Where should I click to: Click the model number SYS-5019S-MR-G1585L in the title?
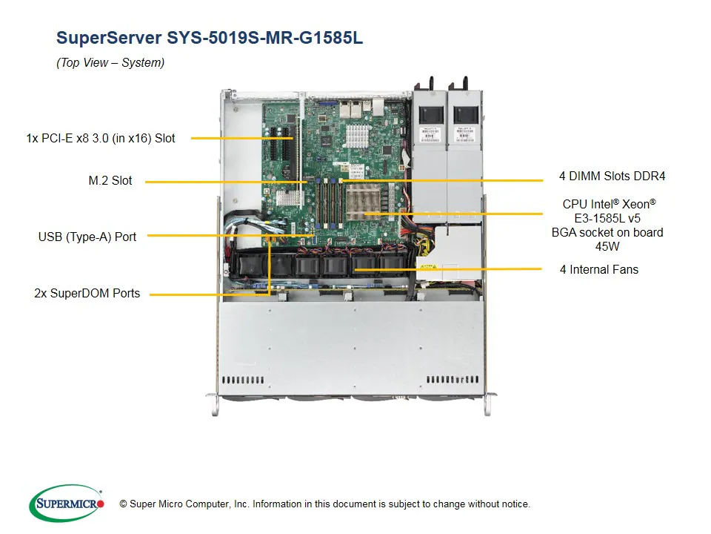(x=265, y=37)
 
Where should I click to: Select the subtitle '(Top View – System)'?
(x=110, y=63)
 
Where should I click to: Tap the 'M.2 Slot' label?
(x=110, y=180)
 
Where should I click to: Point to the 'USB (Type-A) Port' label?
(x=87, y=237)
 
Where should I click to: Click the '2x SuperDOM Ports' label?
(x=87, y=293)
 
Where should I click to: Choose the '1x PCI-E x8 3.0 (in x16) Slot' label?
(x=101, y=138)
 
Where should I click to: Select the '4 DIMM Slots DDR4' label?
(x=612, y=177)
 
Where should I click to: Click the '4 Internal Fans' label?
(x=598, y=269)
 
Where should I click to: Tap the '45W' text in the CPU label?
(x=607, y=246)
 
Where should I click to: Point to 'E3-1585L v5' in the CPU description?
(x=607, y=218)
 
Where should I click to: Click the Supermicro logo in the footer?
(x=67, y=504)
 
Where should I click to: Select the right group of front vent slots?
(x=453, y=380)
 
